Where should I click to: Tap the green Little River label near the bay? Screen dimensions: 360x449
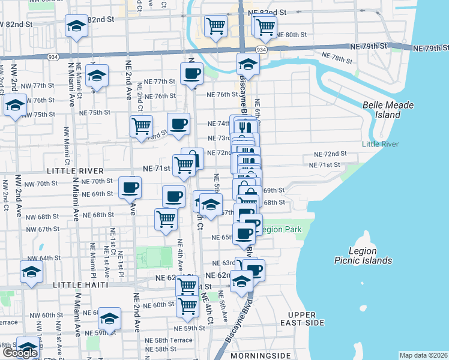(379, 143)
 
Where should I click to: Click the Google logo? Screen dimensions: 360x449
(19, 353)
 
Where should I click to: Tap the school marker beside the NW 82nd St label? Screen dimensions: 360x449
(76, 26)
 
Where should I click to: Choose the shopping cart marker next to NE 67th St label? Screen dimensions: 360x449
(166, 218)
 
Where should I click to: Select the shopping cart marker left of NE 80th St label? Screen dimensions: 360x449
(265, 26)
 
